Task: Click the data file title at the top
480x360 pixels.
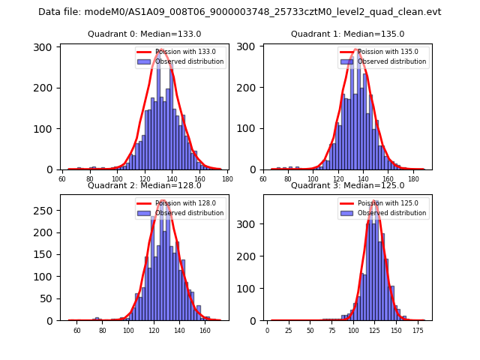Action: [x=240, y=12]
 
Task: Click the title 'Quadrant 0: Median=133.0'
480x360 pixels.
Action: [x=144, y=34]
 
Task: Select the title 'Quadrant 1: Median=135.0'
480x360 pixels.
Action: [x=347, y=34]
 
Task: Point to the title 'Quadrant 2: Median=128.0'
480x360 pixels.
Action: [x=144, y=185]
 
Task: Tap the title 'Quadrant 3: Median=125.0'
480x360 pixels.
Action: [x=347, y=185]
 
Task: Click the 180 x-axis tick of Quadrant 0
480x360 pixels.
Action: [x=226, y=179]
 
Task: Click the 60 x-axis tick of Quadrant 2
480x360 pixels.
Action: [x=77, y=330]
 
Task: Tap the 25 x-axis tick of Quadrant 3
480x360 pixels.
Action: [x=289, y=330]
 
